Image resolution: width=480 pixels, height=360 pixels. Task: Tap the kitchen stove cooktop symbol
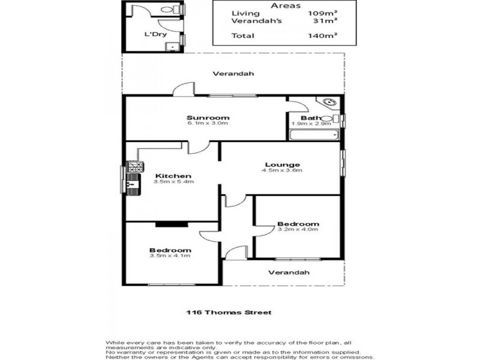tap(134, 167)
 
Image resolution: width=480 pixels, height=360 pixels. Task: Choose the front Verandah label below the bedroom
tap(289, 272)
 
